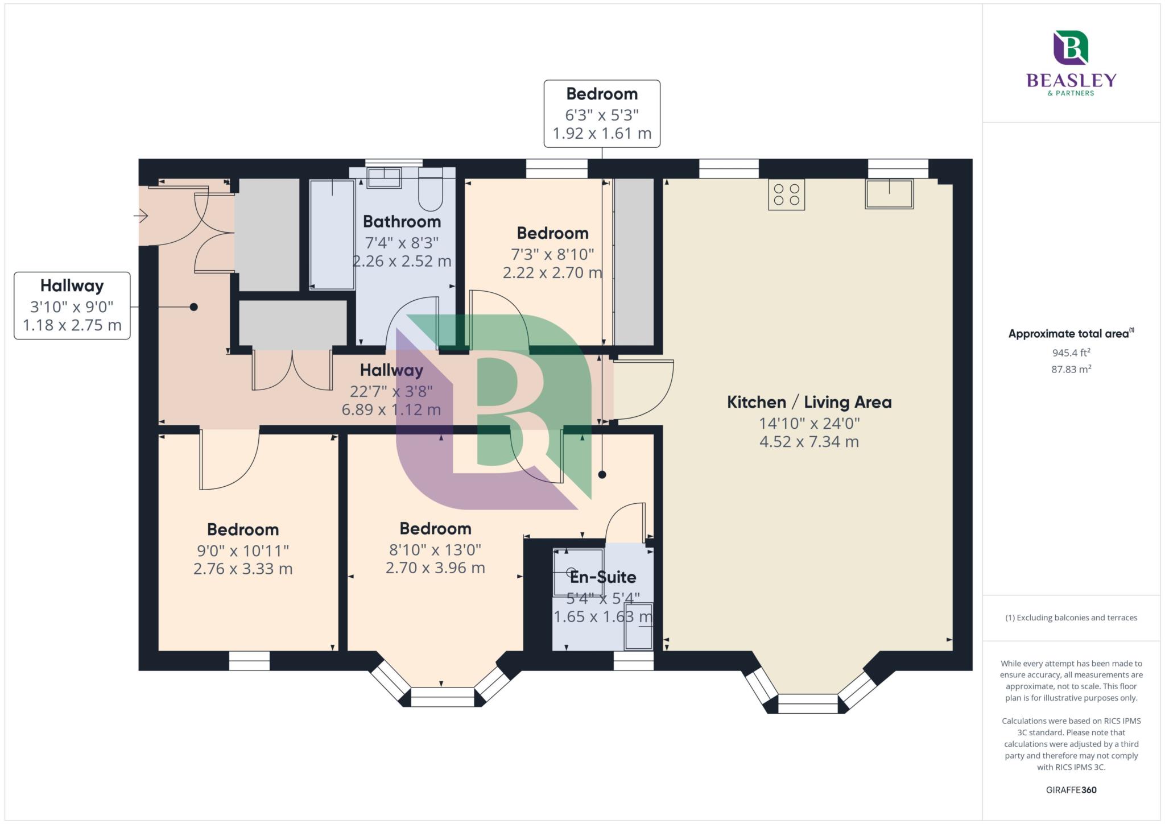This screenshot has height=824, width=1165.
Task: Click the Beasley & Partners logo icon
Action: tap(1071, 47)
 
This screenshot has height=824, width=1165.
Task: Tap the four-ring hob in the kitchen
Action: tap(786, 194)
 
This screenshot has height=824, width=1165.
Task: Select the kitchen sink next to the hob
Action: tap(889, 194)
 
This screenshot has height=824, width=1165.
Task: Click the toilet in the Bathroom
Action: tap(431, 189)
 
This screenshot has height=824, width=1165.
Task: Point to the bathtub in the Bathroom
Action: tap(332, 234)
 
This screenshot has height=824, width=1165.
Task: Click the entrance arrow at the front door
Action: tap(141, 216)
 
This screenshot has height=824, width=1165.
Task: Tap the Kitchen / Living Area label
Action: tap(809, 402)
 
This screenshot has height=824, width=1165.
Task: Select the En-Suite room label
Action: tap(603, 577)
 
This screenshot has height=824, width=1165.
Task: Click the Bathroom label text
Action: tap(402, 221)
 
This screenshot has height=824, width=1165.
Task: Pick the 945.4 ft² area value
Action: tap(1071, 353)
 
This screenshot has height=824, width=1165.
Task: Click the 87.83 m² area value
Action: tap(1071, 369)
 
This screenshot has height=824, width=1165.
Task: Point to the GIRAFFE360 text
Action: tap(1071, 790)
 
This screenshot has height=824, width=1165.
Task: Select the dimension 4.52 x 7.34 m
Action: tap(809, 441)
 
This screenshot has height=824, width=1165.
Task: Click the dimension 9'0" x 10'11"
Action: tap(243, 550)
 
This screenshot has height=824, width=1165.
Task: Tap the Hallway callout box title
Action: tap(72, 285)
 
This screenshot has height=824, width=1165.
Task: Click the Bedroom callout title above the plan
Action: tap(602, 94)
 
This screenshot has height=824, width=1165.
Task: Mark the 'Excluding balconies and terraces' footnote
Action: tap(1071, 618)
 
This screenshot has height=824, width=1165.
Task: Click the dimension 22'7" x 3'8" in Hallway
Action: tap(391, 391)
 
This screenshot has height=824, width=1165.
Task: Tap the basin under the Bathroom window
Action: tap(384, 177)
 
